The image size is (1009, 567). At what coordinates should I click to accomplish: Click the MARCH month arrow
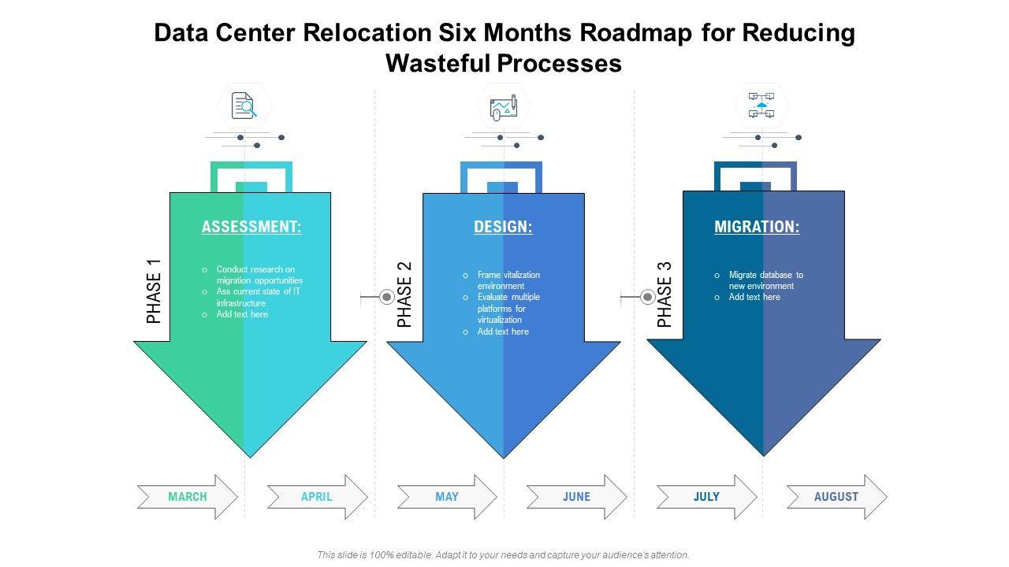point(188,497)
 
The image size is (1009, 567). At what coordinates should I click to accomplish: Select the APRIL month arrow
point(317,497)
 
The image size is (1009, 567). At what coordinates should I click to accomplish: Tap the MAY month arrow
point(447,497)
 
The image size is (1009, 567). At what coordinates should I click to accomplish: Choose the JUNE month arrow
point(576,497)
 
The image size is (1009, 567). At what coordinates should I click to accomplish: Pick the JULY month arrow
point(706,497)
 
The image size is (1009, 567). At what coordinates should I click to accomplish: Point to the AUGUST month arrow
point(836,497)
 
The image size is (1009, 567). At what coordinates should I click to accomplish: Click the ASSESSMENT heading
point(251,227)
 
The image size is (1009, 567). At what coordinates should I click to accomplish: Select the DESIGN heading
point(503,227)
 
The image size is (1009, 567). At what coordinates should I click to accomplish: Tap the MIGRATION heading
point(757,227)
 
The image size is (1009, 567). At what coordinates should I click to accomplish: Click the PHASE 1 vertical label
point(154,291)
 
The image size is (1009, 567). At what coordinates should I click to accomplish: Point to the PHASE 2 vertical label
point(404,295)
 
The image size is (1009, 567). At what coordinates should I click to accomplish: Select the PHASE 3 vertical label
point(665,295)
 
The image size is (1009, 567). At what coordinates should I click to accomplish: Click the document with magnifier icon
point(244,106)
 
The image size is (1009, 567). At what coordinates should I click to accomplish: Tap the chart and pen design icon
point(503,107)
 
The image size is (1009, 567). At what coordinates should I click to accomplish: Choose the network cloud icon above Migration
point(761,106)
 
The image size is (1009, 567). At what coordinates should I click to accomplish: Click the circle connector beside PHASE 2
point(387,297)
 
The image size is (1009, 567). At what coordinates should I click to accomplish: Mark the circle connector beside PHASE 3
point(647,297)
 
